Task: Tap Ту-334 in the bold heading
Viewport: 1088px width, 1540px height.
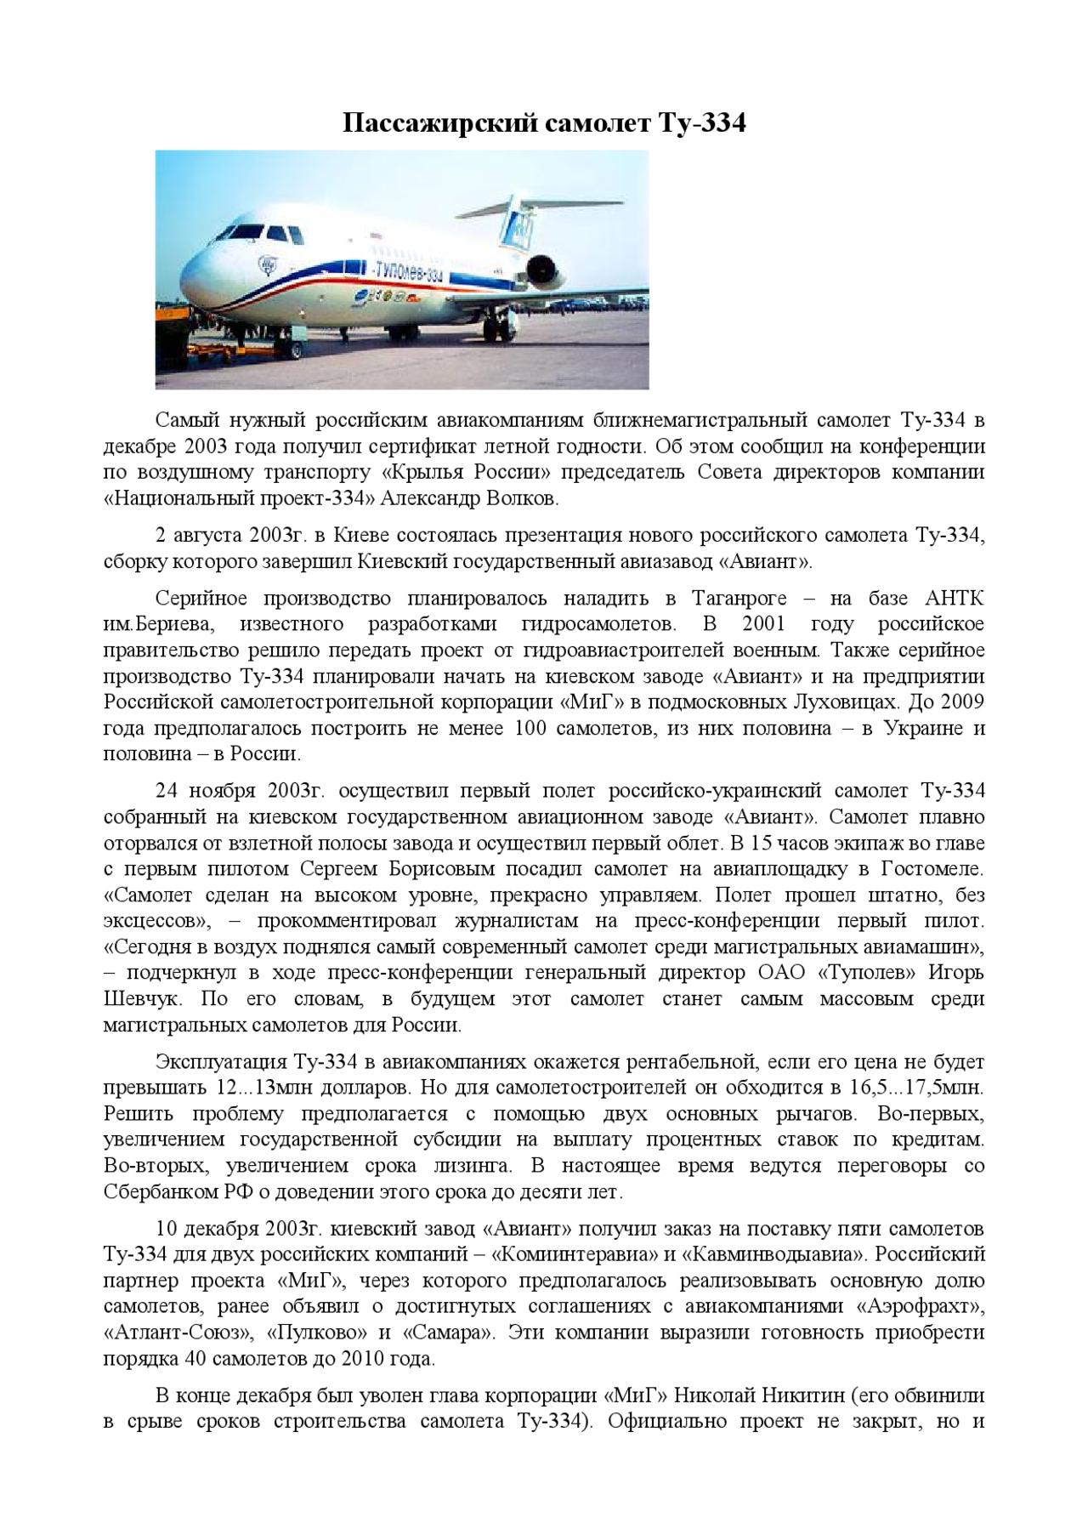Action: pyautogui.click(x=702, y=124)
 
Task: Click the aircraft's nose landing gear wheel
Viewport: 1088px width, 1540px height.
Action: pyautogui.click(x=295, y=348)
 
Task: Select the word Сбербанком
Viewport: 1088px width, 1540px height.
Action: pyautogui.click(x=156, y=1191)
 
